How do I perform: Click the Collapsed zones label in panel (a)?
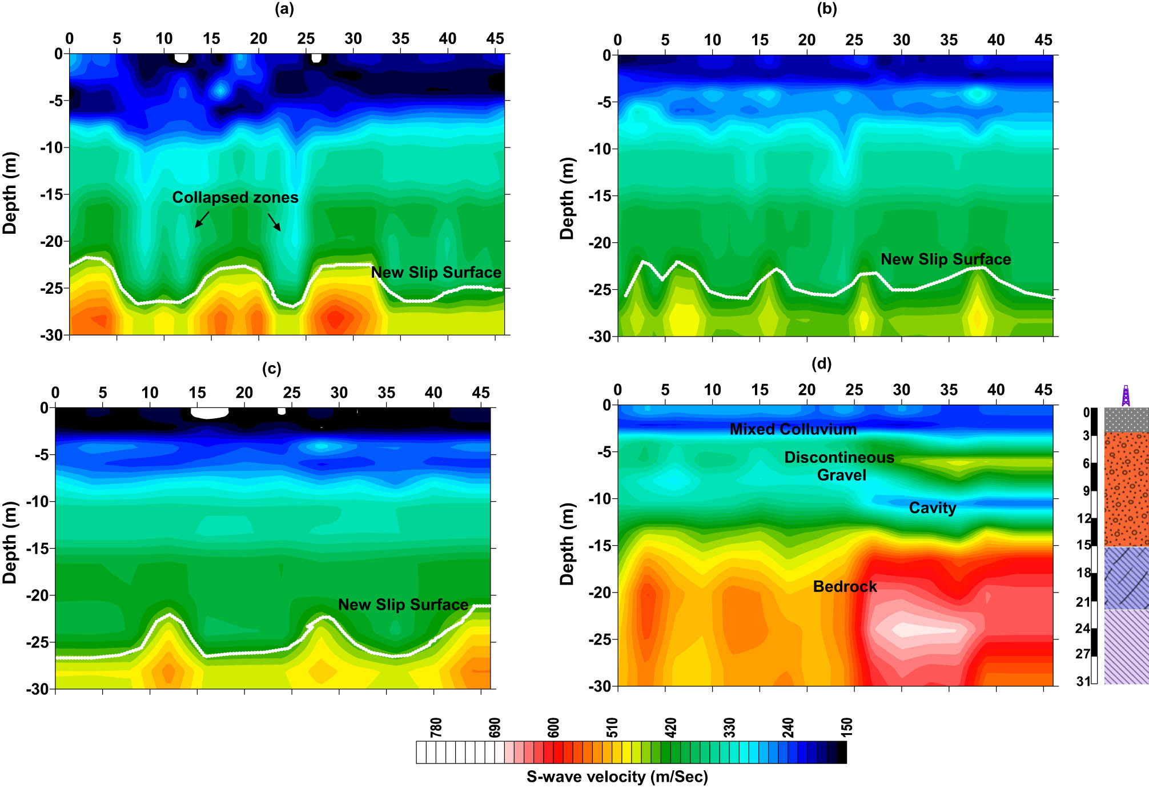click(235, 198)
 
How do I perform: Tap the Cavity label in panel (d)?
click(932, 507)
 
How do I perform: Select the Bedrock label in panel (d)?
click(845, 586)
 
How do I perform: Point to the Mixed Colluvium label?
click(793, 429)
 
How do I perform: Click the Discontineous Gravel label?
click(839, 466)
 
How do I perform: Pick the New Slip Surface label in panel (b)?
click(945, 259)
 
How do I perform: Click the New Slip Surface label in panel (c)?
click(403, 605)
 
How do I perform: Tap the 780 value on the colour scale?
click(436, 727)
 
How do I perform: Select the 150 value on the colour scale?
click(847, 727)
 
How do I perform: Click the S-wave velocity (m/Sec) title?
click(617, 777)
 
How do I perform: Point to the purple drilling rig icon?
click(1126, 395)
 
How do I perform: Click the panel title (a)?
click(284, 9)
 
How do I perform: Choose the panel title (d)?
click(821, 363)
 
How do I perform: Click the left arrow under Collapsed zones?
click(202, 219)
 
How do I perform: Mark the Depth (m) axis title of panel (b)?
click(567, 198)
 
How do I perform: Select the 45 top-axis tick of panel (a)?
click(495, 39)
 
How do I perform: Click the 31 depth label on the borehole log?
click(1083, 681)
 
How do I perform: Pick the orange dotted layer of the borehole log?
click(1126, 489)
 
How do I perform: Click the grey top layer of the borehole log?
click(1126, 420)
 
